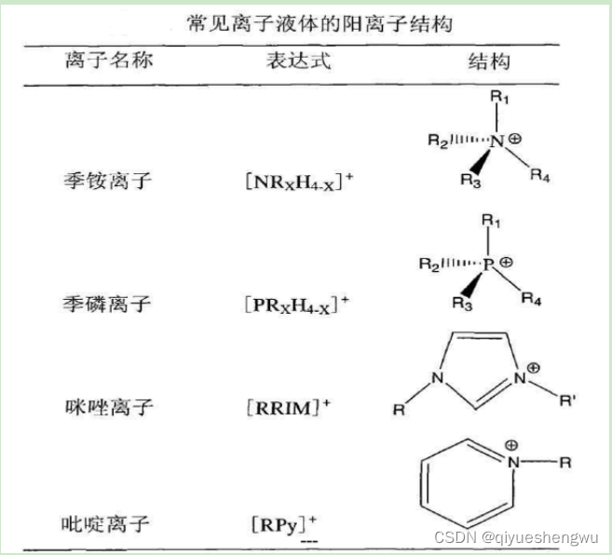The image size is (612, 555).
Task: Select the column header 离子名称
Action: pyautogui.click(x=109, y=62)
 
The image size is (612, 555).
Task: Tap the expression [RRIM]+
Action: pyautogui.click(x=292, y=408)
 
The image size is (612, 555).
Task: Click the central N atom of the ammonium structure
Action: pyautogui.click(x=496, y=142)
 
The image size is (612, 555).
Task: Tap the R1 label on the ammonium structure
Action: pyautogui.click(x=501, y=97)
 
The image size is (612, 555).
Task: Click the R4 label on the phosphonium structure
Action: pyautogui.click(x=532, y=299)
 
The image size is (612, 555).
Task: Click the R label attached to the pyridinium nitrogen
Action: pyautogui.click(x=565, y=461)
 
